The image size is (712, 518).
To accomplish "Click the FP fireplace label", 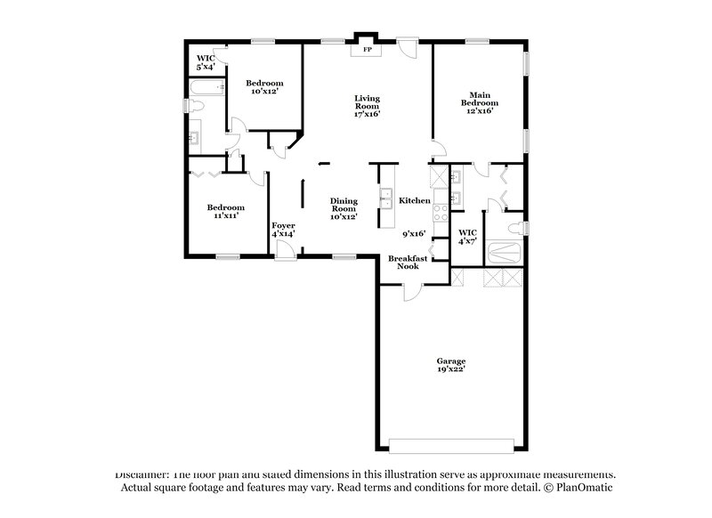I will click(x=367, y=50).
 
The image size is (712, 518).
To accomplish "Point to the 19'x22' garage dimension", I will click(x=450, y=368).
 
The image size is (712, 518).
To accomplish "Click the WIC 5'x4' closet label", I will click(x=206, y=61).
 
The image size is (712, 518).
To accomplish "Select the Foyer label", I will click(x=283, y=226).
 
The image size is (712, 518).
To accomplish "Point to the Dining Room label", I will click(x=344, y=207).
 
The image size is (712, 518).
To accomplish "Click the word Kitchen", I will click(x=414, y=201).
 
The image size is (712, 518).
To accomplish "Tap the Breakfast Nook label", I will click(x=409, y=262).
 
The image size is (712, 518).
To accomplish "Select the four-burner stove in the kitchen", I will click(x=440, y=211).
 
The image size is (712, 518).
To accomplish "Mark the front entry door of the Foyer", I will click(x=285, y=256).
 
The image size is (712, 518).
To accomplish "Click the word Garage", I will click(x=450, y=360).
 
